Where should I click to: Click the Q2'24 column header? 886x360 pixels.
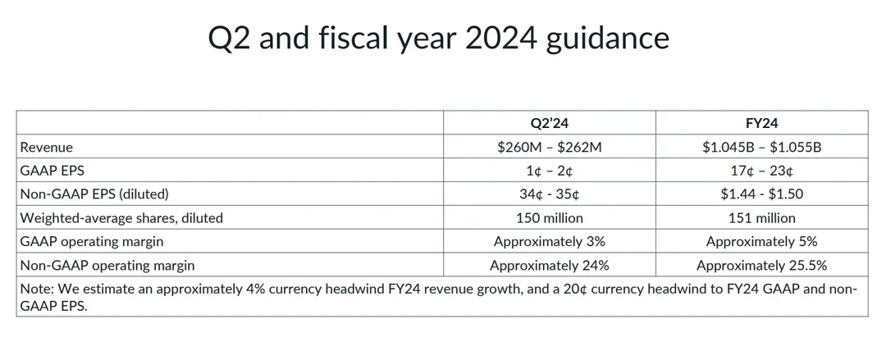point(549,123)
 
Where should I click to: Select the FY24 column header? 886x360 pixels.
point(761,123)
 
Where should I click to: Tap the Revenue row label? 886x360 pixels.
point(47,147)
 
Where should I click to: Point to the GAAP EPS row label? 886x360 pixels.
point(53,171)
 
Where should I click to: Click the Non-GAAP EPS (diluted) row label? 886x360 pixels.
point(94,194)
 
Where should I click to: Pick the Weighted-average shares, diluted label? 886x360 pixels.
point(121,218)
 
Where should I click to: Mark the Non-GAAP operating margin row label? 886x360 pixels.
point(107,266)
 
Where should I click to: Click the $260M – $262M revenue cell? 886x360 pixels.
point(549,147)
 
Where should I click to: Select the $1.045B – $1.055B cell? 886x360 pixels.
point(761,147)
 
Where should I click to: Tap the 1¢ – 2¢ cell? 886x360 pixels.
point(549,171)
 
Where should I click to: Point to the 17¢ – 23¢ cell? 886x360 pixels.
point(761,171)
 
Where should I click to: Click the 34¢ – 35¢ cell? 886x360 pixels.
point(549,194)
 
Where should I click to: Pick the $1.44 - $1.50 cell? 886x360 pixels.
point(761,194)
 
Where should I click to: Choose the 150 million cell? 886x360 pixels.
point(549,218)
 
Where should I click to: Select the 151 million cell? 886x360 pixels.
point(761,218)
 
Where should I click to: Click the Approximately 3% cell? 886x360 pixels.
point(549,242)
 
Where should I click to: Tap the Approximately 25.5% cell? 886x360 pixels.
point(761,266)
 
